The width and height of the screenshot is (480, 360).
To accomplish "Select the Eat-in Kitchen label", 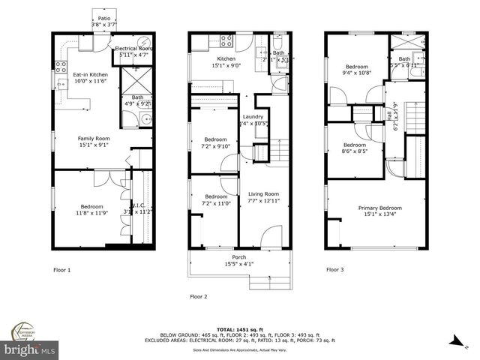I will coord(89,74).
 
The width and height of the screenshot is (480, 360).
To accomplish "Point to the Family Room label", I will coord(94,138).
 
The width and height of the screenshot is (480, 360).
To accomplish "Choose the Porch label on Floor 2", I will coord(238,256).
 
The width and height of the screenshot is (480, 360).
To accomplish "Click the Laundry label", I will coord(253,116).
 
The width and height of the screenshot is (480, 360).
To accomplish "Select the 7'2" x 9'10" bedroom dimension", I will coord(215,146).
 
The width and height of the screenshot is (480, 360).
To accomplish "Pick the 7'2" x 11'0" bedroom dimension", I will coord(215,203).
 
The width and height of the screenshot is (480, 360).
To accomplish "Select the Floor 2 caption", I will coord(198,295).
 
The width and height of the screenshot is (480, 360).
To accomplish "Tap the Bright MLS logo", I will coord(30,350).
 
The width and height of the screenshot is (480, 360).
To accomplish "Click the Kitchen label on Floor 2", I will coord(226,58).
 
